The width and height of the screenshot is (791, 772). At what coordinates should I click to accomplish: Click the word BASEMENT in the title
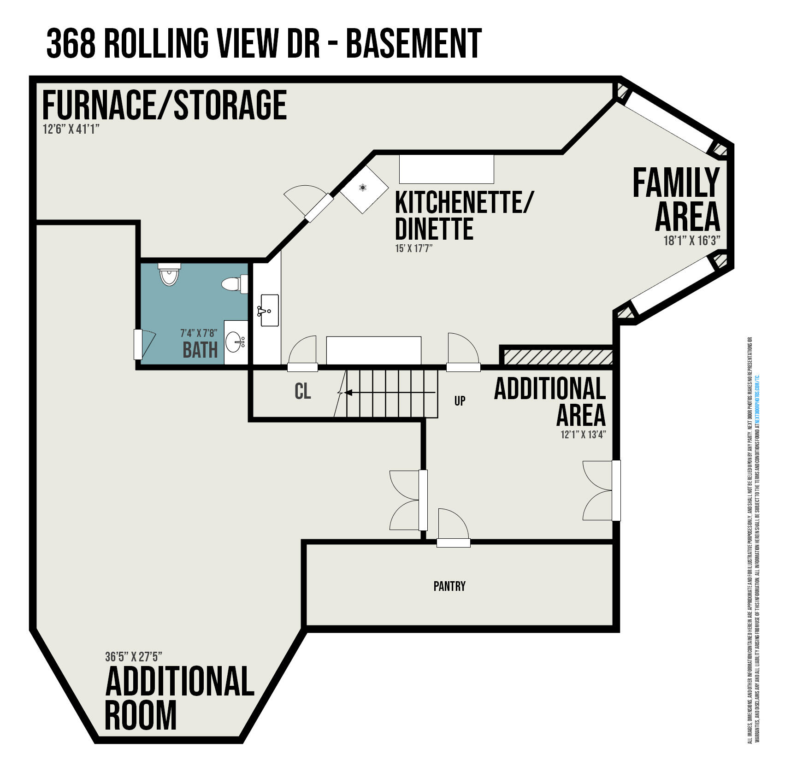point(413,43)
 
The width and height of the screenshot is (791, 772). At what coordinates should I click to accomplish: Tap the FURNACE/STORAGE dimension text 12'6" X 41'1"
point(71,129)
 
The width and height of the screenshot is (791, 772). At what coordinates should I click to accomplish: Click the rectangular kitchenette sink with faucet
point(269,310)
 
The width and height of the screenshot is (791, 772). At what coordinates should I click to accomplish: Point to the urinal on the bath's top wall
point(169,275)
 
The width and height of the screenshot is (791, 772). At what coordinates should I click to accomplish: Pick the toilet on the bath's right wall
point(234,284)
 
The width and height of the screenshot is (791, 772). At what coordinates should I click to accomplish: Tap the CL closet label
point(302,391)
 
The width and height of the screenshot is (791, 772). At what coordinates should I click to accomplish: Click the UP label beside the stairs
point(460,401)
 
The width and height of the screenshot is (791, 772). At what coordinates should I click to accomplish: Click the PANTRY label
point(449,586)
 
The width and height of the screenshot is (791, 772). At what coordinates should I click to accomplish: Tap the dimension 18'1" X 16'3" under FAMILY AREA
point(691,241)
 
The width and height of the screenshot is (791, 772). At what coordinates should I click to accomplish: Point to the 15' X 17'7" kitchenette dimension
point(413,248)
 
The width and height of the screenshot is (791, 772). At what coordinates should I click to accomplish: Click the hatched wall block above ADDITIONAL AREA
point(557,357)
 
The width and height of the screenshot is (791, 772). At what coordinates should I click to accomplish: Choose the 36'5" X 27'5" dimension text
point(133,656)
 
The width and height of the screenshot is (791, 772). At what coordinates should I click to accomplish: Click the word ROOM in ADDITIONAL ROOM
point(141,715)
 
